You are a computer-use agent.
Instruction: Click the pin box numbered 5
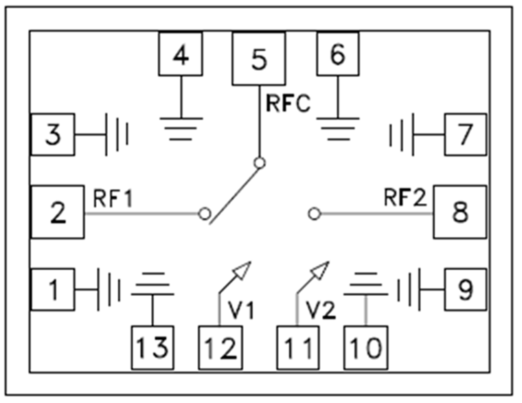[x=258, y=59]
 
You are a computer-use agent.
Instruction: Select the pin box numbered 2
[x=58, y=213]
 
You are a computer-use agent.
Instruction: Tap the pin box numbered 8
[x=459, y=212]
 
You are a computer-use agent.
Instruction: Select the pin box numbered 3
[x=52, y=135]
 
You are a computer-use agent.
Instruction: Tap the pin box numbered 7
[x=465, y=135]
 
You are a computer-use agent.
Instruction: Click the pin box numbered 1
[x=52, y=290]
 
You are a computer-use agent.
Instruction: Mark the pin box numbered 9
[x=465, y=290]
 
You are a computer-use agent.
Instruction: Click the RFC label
[x=288, y=104]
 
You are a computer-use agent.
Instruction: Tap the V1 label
[x=241, y=310]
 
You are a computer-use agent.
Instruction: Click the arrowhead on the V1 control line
[x=241, y=270]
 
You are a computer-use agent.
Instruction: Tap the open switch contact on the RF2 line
[x=315, y=214]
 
